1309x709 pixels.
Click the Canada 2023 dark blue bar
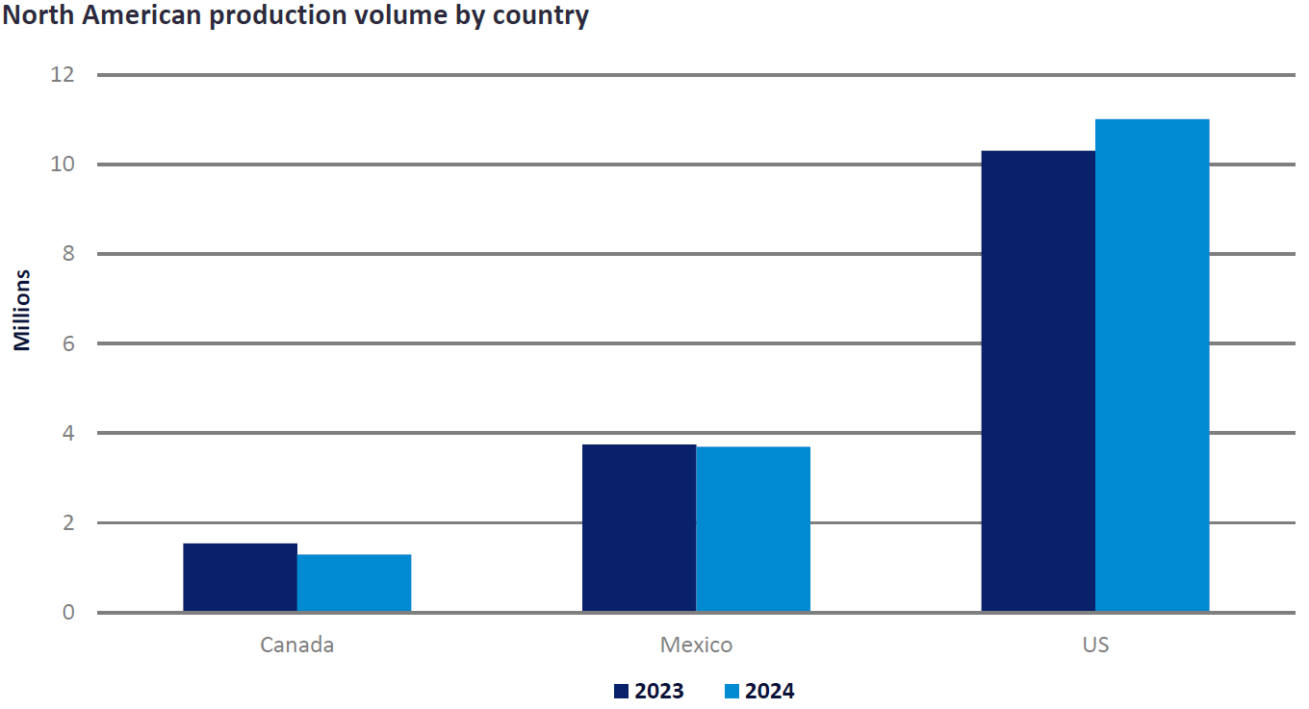tap(240, 577)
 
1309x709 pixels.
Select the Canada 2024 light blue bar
tap(354, 583)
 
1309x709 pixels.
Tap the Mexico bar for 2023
tap(639, 528)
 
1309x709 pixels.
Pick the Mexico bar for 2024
tap(753, 529)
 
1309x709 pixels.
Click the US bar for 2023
tap(1038, 381)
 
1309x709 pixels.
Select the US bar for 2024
tap(1152, 366)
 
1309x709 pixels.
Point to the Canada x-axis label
tap(296, 645)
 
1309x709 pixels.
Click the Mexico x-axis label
tap(696, 645)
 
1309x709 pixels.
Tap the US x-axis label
tap(1095, 645)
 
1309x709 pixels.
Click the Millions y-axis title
tap(22, 310)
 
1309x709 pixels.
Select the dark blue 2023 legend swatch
tap(621, 691)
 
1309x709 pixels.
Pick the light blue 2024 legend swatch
tap(731, 691)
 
